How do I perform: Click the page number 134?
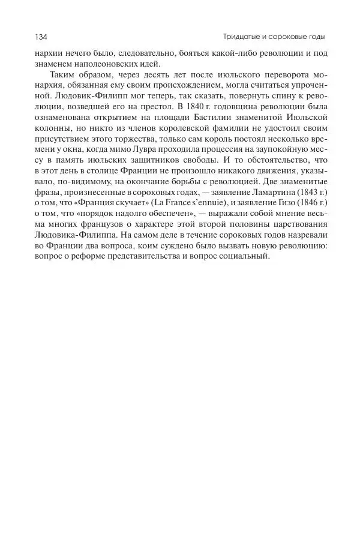[41, 37]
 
